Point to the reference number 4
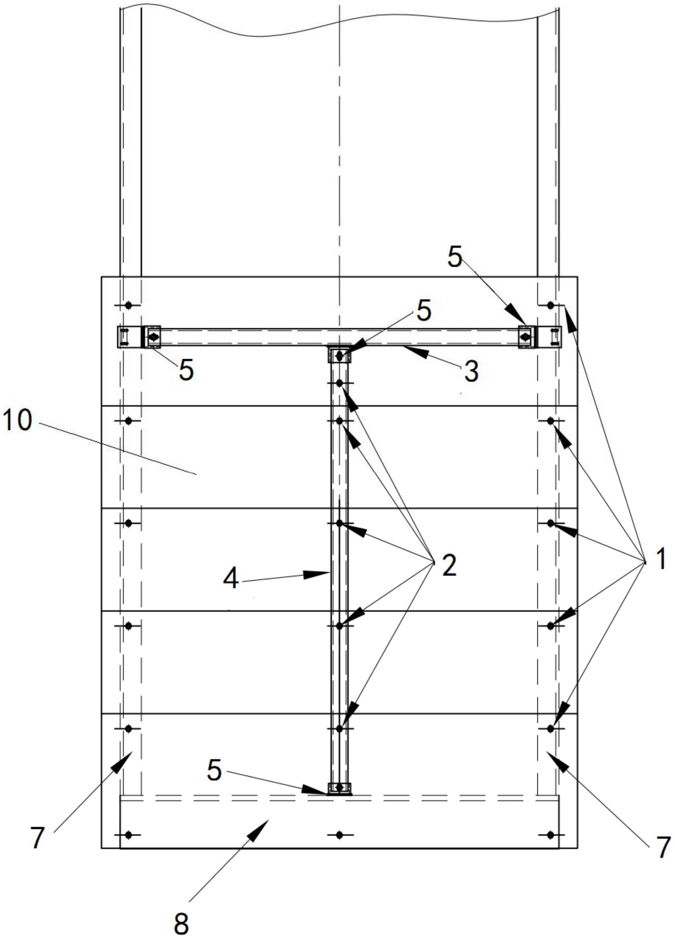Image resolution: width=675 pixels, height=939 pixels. tap(231, 579)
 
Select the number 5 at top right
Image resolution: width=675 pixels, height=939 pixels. tap(454, 258)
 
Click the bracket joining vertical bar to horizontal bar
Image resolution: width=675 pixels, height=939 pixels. tap(339, 355)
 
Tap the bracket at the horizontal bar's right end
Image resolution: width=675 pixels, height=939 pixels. tap(527, 337)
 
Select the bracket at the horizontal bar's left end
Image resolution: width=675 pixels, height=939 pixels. tap(152, 337)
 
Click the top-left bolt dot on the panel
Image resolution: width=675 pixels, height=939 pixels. tap(128, 306)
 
